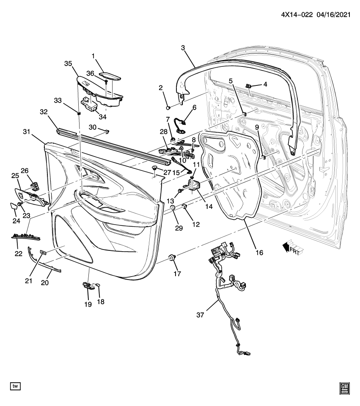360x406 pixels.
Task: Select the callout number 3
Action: click(183, 48)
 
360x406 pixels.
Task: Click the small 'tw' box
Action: click(15, 386)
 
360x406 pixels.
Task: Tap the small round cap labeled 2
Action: click(168, 105)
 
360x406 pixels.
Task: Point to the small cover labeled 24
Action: click(14, 206)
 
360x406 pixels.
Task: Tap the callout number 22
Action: click(18, 253)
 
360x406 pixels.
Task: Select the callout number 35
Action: click(68, 63)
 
